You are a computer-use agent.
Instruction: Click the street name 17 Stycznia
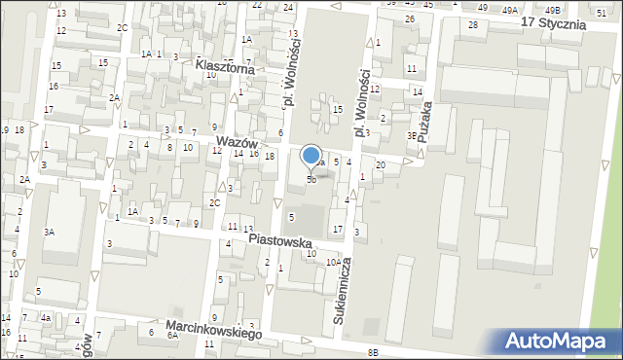tap(553, 22)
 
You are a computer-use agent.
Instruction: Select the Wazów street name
tap(237, 142)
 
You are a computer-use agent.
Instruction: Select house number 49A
tap(510, 9)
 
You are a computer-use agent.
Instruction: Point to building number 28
tap(473, 24)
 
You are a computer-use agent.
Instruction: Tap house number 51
tap(602, 10)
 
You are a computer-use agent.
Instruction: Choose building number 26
tap(410, 19)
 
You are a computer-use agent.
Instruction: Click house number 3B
tap(412, 136)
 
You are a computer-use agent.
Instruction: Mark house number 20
tap(381, 165)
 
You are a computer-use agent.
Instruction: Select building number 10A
tap(333, 262)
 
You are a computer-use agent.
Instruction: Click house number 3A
tap(49, 232)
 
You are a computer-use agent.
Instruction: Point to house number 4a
tap(45, 317)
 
